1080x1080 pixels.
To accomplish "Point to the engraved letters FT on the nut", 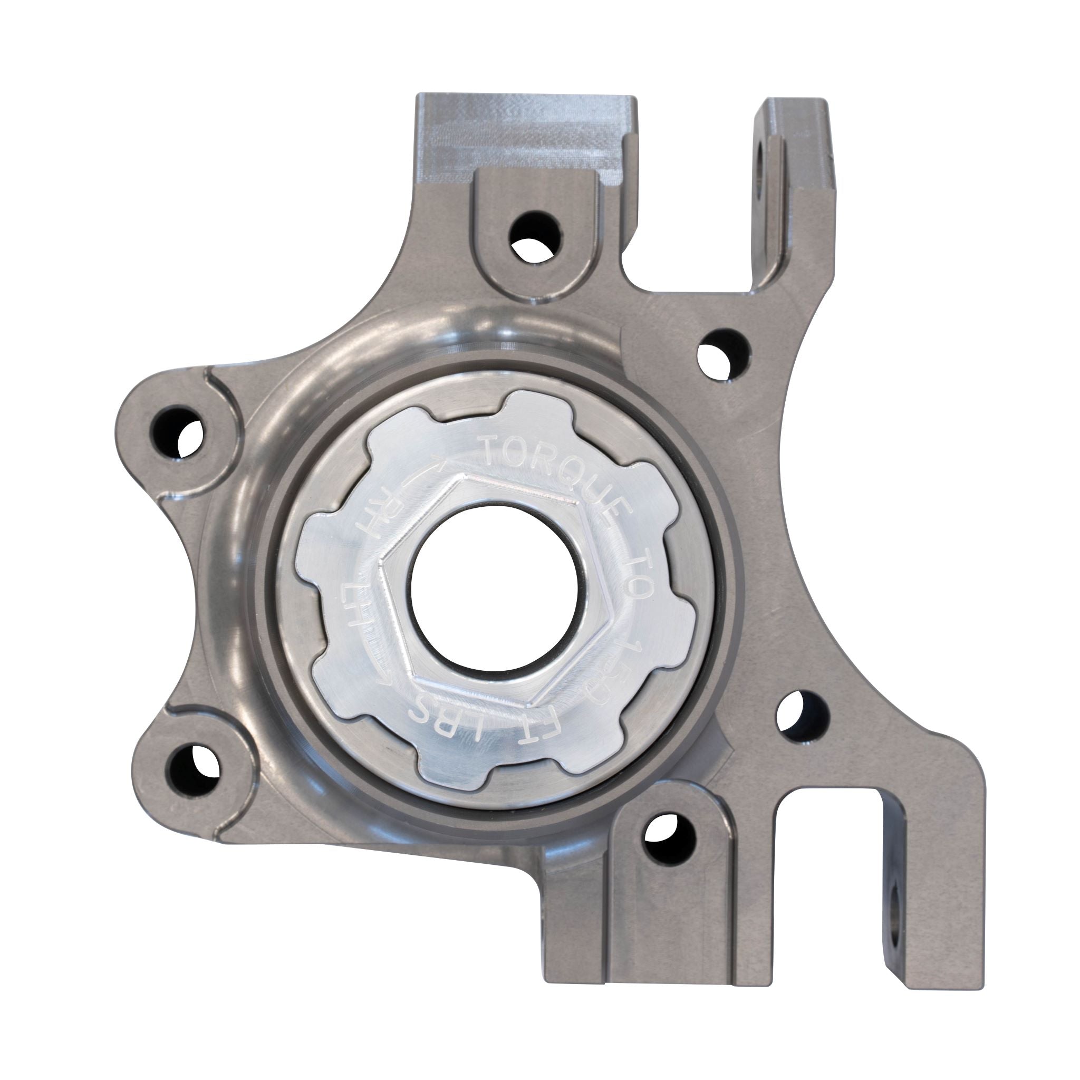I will point(485,730).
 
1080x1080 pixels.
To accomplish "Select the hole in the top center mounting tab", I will point(536,237).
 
